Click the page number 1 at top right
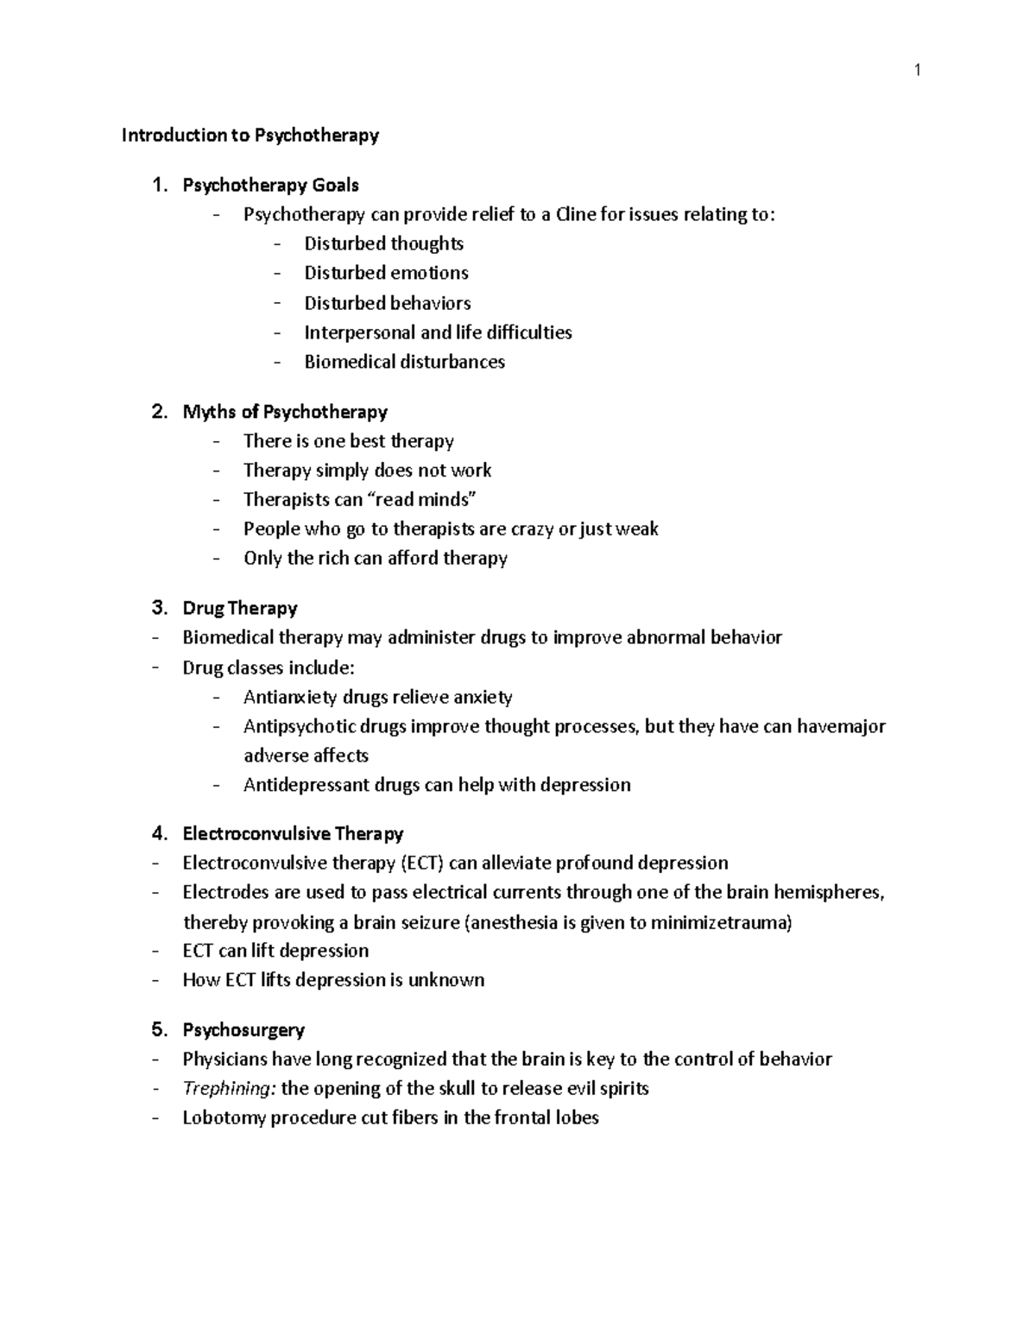coord(917,71)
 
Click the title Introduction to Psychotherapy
coord(250,136)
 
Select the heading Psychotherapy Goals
coord(270,185)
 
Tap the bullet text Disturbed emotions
coord(386,273)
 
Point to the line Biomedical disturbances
coord(404,362)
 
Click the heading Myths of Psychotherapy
coord(285,412)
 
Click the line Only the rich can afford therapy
coord(375,559)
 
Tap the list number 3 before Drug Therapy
coord(159,608)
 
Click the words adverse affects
coord(306,756)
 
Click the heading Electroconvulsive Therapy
coord(293,834)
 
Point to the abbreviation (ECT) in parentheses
coord(421,863)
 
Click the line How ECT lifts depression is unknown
coord(333,980)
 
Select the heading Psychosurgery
coord(243,1030)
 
